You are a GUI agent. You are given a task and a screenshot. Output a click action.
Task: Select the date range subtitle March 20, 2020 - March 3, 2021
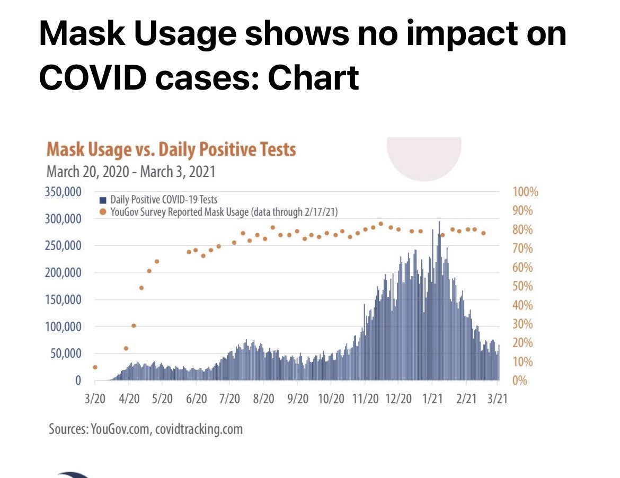[x=131, y=172]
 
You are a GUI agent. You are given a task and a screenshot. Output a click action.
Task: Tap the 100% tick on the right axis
[x=525, y=192]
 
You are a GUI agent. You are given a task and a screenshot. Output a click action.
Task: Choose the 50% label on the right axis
[x=522, y=286]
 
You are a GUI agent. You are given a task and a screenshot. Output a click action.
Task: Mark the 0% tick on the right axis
[x=520, y=380]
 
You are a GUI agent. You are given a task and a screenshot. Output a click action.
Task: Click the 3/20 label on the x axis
[x=95, y=399]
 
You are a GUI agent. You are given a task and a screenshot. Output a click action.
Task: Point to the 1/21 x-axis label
[x=433, y=399]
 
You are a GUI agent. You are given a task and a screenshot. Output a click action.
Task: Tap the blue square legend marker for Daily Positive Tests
[x=102, y=200]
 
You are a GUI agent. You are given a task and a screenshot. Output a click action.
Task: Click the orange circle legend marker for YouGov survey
[x=102, y=212]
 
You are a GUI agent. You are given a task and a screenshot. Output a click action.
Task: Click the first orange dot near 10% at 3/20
[x=95, y=367]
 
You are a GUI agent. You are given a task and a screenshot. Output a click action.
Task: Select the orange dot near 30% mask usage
[x=134, y=325]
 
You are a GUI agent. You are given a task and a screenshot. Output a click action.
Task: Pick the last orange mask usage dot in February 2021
[x=483, y=233]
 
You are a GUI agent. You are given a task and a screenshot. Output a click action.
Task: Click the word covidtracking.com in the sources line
[x=199, y=429]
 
